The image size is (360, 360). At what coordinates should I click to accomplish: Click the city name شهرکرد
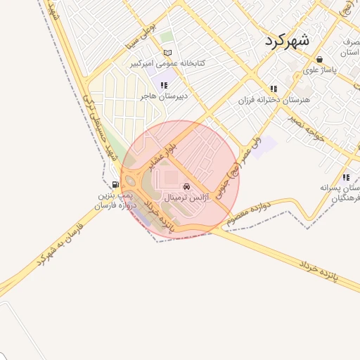[x=288, y=40]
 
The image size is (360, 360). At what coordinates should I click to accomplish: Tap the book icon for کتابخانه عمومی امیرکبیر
[x=167, y=53]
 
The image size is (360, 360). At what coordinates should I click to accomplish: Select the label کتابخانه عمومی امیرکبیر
[x=167, y=63]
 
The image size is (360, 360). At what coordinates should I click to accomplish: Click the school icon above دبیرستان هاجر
[x=164, y=86]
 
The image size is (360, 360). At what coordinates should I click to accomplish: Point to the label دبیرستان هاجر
[x=164, y=96]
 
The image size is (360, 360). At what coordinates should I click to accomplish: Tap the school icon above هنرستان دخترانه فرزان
[x=274, y=89]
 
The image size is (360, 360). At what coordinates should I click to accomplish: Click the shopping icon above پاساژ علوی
[x=320, y=60]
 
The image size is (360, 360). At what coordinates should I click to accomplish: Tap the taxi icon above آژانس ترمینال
[x=186, y=187]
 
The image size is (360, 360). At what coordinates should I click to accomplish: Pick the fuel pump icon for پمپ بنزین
[x=115, y=186]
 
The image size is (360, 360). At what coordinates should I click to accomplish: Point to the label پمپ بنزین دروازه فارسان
[x=115, y=200]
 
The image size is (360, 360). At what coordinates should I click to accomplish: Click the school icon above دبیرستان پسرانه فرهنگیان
[x=345, y=177]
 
